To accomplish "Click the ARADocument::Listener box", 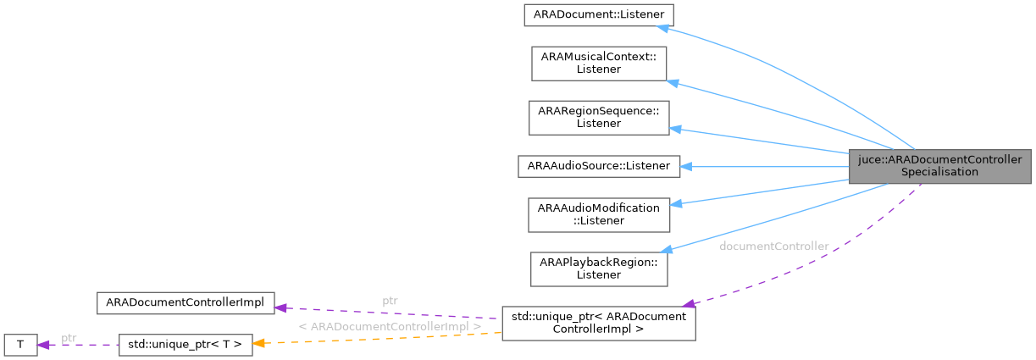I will [598, 14].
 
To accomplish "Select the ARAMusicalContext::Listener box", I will [598, 63].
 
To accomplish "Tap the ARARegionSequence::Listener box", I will [598, 117].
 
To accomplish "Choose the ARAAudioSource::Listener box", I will [598, 166].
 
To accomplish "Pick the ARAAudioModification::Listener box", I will [598, 214].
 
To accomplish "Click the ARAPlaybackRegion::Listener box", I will [598, 268].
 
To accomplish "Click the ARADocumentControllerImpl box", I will [185, 302].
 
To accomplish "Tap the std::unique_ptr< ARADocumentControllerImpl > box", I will [598, 323].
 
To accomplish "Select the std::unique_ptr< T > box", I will [185, 344].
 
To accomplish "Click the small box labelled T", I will [20, 344].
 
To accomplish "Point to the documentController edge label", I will [773, 246].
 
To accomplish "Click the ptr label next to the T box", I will [69, 338].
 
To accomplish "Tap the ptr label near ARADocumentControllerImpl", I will [390, 301].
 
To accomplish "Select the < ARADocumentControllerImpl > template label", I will [390, 326].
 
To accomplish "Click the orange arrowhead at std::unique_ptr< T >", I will [261, 342].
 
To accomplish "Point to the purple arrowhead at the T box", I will [44, 344].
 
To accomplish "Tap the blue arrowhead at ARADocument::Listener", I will [665, 27].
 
